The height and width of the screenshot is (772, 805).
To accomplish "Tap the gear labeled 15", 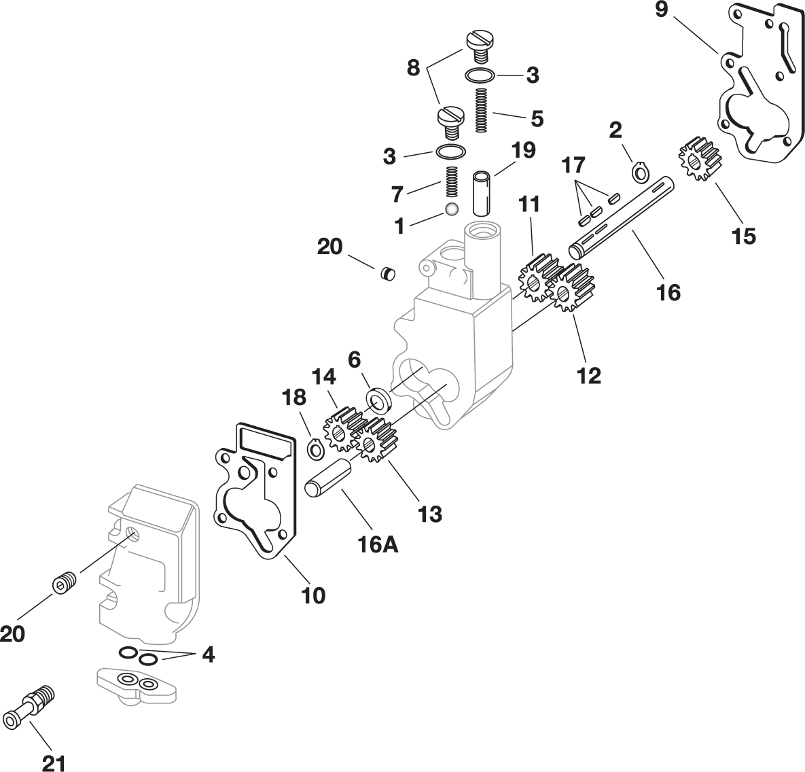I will pyautogui.click(x=700, y=158).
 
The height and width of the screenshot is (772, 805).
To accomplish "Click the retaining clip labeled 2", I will pyautogui.click(x=639, y=173).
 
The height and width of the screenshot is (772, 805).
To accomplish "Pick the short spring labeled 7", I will pyautogui.click(x=450, y=183).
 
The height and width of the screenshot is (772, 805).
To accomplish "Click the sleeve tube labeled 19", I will pyautogui.click(x=482, y=194).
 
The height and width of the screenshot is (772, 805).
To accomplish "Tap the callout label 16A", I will pyautogui.click(x=378, y=544).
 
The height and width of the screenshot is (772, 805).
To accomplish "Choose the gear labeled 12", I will pyautogui.click(x=569, y=288).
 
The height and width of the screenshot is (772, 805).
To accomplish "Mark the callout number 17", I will pyautogui.click(x=573, y=165).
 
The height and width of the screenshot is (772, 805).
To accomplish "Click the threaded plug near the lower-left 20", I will pyautogui.click(x=65, y=582).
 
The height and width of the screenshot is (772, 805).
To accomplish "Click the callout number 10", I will pyautogui.click(x=313, y=595).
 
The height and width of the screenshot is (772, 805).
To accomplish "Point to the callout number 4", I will pyautogui.click(x=208, y=654).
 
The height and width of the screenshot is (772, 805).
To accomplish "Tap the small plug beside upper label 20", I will pyautogui.click(x=387, y=273).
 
